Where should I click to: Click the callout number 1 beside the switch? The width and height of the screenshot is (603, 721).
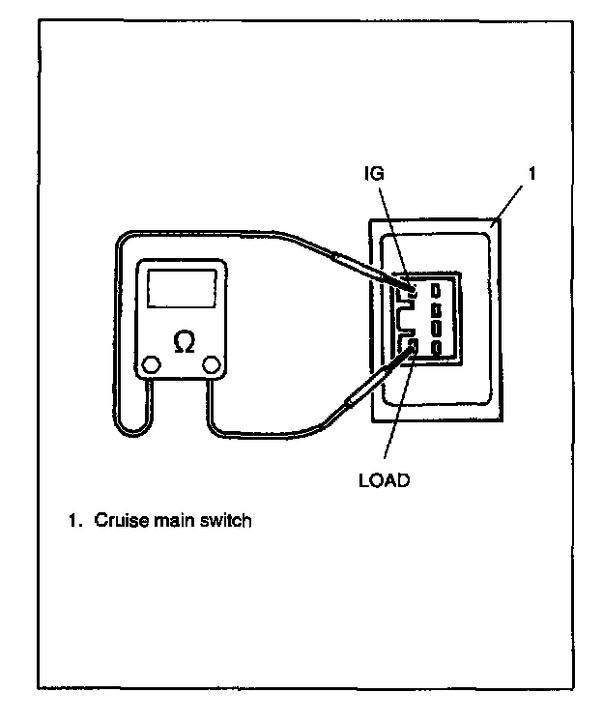(x=532, y=174)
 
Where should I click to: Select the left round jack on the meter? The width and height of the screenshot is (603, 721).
(x=152, y=365)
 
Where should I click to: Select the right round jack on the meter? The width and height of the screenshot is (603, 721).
(x=211, y=365)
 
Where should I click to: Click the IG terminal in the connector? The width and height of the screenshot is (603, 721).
(x=413, y=287)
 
